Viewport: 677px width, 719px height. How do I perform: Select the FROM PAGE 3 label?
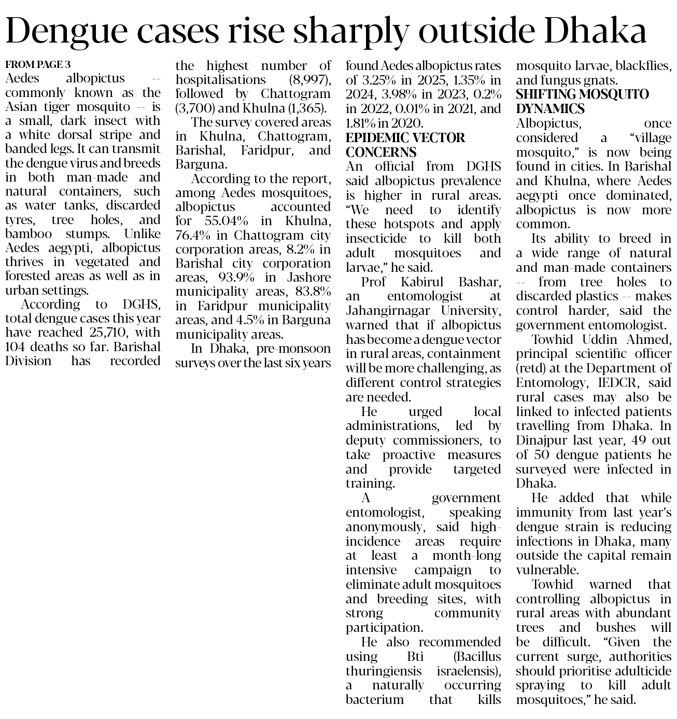38,65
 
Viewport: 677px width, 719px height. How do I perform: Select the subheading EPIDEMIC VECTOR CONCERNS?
405,145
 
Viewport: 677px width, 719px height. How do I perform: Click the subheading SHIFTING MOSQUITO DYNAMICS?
582,102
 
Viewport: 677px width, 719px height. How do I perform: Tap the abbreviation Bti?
415,656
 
